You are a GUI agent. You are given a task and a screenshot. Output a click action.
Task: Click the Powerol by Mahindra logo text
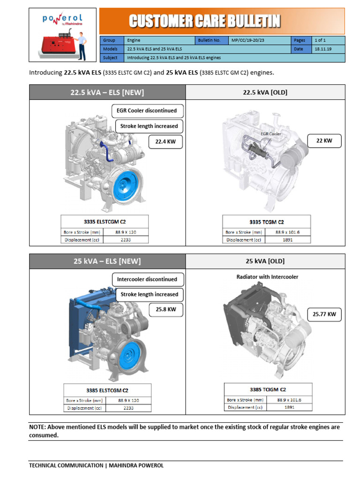[62, 20]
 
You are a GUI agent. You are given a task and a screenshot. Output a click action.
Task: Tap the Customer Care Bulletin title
[205, 21]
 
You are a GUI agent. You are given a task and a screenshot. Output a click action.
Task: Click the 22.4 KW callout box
[165, 142]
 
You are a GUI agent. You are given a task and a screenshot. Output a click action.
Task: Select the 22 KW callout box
[324, 140]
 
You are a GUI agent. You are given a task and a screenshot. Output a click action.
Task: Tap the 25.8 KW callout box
[166, 310]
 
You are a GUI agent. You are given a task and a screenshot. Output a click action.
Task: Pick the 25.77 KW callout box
[324, 315]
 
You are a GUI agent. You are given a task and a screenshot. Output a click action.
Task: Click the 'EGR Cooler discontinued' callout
[147, 111]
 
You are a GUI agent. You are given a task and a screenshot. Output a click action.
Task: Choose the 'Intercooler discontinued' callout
[147, 279]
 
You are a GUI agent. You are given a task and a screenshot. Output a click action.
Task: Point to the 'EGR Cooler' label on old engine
[270, 134]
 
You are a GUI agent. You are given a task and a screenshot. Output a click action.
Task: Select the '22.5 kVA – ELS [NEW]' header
[107, 92]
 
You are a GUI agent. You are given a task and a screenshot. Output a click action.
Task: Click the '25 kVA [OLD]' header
[265, 261]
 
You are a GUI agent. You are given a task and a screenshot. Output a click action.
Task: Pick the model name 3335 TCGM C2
[266, 222]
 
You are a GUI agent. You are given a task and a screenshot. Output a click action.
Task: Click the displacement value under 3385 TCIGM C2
[289, 407]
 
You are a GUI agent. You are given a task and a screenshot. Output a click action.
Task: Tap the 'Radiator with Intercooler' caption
[267, 277]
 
